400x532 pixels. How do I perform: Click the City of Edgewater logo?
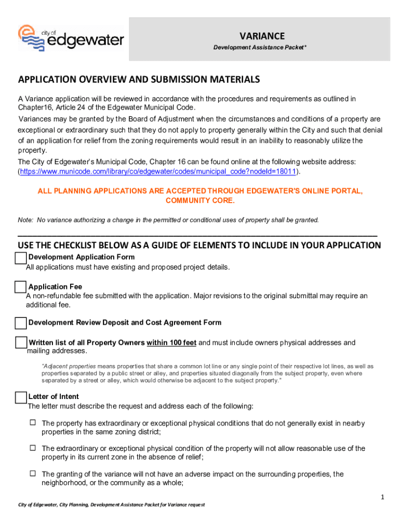click(71, 38)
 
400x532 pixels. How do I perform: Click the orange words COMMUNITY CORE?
click(200, 201)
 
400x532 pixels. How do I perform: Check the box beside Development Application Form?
click(21, 258)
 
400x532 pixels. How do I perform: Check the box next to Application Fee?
click(21, 287)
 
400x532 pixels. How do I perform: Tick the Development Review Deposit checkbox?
click(21, 323)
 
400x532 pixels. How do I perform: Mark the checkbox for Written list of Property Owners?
click(21, 343)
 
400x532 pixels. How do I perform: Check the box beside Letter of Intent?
click(21, 397)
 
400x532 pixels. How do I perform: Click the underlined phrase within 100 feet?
click(171, 343)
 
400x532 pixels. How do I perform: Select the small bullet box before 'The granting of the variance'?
click(32, 474)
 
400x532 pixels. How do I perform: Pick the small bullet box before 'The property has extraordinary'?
click(32, 423)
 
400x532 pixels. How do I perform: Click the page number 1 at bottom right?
click(382, 498)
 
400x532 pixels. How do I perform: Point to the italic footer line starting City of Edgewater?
click(112, 505)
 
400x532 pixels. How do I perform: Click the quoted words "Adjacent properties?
click(65, 366)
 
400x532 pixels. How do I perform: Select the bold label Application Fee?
click(55, 287)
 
